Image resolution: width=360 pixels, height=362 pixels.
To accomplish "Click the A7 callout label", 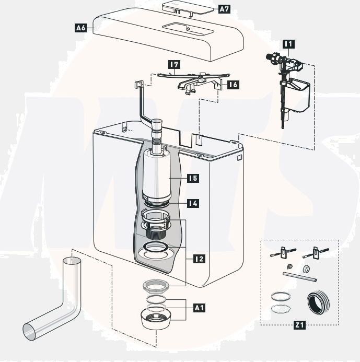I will pyautogui.click(x=224, y=9).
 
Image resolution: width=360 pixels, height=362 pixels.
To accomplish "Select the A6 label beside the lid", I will pyautogui.click(x=80, y=28).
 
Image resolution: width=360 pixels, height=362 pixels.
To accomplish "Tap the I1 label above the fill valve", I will pyautogui.click(x=287, y=45).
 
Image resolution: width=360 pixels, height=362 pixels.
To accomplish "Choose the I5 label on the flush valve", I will pyautogui.click(x=193, y=178).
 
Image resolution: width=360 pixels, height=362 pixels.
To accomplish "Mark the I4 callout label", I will pyautogui.click(x=193, y=203).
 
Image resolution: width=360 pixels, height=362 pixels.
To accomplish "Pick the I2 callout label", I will pyautogui.click(x=199, y=258).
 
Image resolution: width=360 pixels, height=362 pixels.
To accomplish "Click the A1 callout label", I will pyautogui.click(x=199, y=308).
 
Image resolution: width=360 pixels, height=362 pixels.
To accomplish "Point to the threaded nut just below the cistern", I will pyautogui.click(x=155, y=286).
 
